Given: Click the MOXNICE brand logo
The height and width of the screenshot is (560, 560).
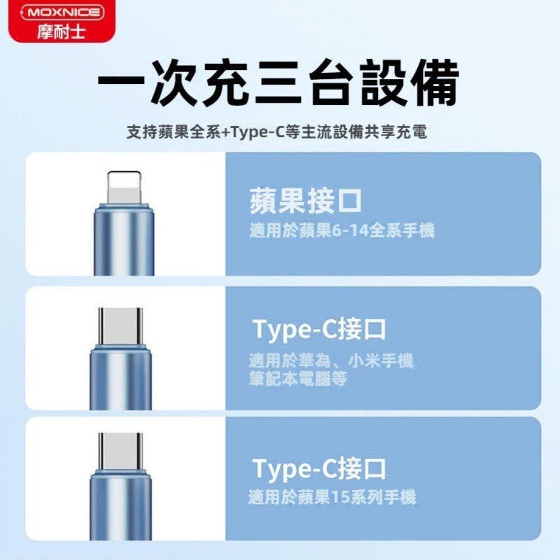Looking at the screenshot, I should pyautogui.click(x=62, y=13).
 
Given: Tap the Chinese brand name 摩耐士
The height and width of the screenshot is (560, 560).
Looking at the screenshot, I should pyautogui.click(x=62, y=31).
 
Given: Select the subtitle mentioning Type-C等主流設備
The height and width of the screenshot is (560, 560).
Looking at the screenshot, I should pyautogui.click(x=277, y=133).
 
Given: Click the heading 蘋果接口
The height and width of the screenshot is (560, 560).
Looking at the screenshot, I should pyautogui.click(x=306, y=201).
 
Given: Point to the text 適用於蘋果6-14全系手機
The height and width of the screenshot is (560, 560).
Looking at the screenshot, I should pyautogui.click(x=342, y=230).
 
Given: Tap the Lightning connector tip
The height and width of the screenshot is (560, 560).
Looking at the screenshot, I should pyautogui.click(x=124, y=188).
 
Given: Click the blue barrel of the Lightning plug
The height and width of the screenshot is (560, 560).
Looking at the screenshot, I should pyautogui.click(x=124, y=241).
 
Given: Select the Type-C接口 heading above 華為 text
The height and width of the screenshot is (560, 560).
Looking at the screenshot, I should pyautogui.click(x=320, y=330).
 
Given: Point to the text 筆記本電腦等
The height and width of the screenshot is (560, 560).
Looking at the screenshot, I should pyautogui.click(x=298, y=379).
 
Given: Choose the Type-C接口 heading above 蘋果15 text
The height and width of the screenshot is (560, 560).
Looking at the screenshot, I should pyautogui.click(x=320, y=469).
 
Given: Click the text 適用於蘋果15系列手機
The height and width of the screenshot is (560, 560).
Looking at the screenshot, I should pyautogui.click(x=333, y=497).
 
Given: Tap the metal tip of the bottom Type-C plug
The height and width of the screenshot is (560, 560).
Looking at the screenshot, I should pyautogui.click(x=121, y=451).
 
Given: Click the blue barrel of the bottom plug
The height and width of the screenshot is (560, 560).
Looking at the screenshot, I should pyautogui.click(x=121, y=507).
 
